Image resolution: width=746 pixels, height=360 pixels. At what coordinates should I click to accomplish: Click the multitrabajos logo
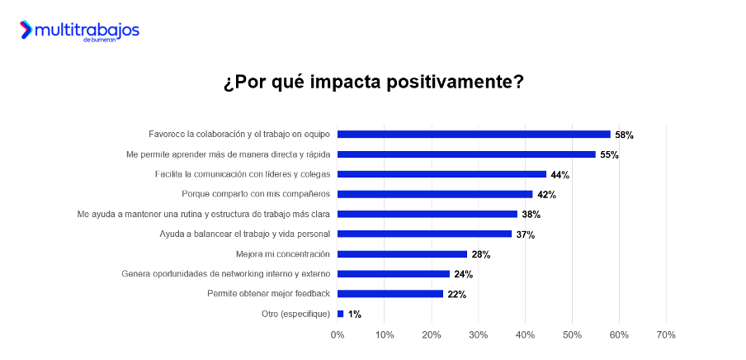(x=79, y=31)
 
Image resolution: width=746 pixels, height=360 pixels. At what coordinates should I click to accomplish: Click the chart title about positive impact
(x=373, y=83)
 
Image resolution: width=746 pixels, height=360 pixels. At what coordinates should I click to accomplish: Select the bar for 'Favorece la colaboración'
(x=474, y=135)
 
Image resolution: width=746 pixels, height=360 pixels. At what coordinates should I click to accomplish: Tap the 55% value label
(x=609, y=154)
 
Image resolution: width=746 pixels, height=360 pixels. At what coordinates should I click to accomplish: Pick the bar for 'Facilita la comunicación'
(x=441, y=174)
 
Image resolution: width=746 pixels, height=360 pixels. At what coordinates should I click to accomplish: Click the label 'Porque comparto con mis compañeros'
(x=256, y=194)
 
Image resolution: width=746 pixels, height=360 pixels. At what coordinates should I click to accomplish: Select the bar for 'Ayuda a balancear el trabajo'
(x=424, y=234)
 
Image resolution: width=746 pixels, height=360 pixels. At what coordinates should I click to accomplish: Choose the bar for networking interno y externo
(x=394, y=274)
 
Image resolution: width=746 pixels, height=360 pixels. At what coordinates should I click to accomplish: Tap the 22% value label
(x=456, y=294)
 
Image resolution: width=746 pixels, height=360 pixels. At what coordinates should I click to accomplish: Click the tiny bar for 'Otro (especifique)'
(x=340, y=314)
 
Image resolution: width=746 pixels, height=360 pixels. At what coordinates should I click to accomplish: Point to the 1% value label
(x=354, y=315)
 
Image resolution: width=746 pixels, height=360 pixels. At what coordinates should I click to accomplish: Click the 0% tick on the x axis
(x=338, y=334)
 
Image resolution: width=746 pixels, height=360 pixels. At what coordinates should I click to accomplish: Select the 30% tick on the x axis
(x=479, y=334)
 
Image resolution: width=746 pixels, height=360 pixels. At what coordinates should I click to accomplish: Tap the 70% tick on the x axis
(x=666, y=334)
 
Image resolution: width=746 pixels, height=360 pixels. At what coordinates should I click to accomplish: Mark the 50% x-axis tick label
(x=572, y=334)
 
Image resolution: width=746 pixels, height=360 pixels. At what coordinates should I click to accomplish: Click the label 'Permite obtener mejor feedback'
(x=268, y=294)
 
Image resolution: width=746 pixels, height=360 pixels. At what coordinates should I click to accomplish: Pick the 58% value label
(x=624, y=135)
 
